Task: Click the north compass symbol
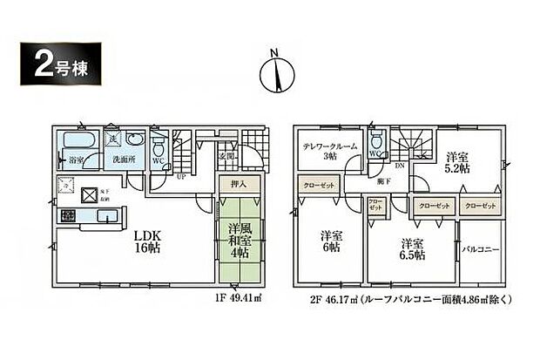(274, 74)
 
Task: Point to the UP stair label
(180, 174)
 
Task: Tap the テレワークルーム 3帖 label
(329, 150)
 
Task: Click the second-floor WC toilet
(376, 143)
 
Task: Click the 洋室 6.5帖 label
(412, 249)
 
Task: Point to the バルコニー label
(480, 249)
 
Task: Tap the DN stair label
(400, 166)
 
